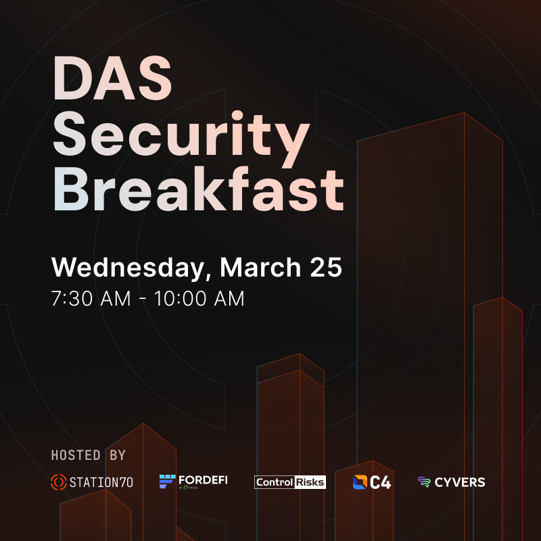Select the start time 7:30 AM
click(91, 298)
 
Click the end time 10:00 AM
click(200, 298)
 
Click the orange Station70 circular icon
click(59, 482)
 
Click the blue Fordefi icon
click(167, 481)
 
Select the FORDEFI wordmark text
click(204, 479)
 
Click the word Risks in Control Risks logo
click(310, 482)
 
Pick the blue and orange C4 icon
click(360, 482)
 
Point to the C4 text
click(381, 483)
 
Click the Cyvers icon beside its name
click(424, 483)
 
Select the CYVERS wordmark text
click(460, 483)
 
